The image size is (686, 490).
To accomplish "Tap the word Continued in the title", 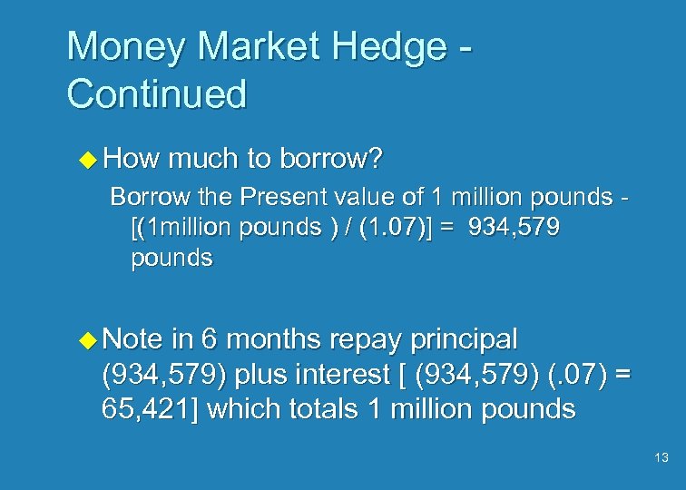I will (156, 93).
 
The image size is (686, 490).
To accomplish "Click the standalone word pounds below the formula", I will (171, 259).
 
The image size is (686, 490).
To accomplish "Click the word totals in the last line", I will (325, 408).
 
